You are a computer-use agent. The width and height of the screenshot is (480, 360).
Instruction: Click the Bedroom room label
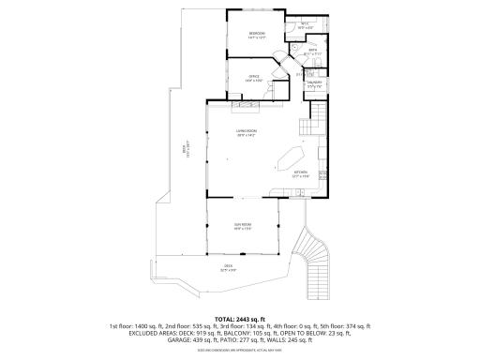pyautogui.click(x=256, y=35)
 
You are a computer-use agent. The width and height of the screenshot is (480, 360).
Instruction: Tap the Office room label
pyautogui.click(x=253, y=78)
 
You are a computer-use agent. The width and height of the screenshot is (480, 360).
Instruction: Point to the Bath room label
pyautogui.click(x=312, y=52)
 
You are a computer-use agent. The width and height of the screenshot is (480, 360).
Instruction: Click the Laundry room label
pyautogui.click(x=315, y=83)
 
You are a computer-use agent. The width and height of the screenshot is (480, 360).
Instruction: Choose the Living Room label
pyautogui.click(x=247, y=132)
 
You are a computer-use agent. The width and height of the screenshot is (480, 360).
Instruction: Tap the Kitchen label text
pyautogui.click(x=301, y=173)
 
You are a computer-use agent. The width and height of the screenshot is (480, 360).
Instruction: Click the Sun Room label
pyautogui.click(x=242, y=226)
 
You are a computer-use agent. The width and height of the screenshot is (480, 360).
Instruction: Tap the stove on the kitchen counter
pyautogui.click(x=322, y=175)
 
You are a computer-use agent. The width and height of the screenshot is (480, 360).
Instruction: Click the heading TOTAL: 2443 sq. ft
pyautogui.click(x=240, y=319)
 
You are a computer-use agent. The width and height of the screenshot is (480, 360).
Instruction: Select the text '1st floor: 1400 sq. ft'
pyautogui.click(x=140, y=326)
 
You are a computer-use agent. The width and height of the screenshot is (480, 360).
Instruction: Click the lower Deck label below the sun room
pyautogui.click(x=228, y=266)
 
